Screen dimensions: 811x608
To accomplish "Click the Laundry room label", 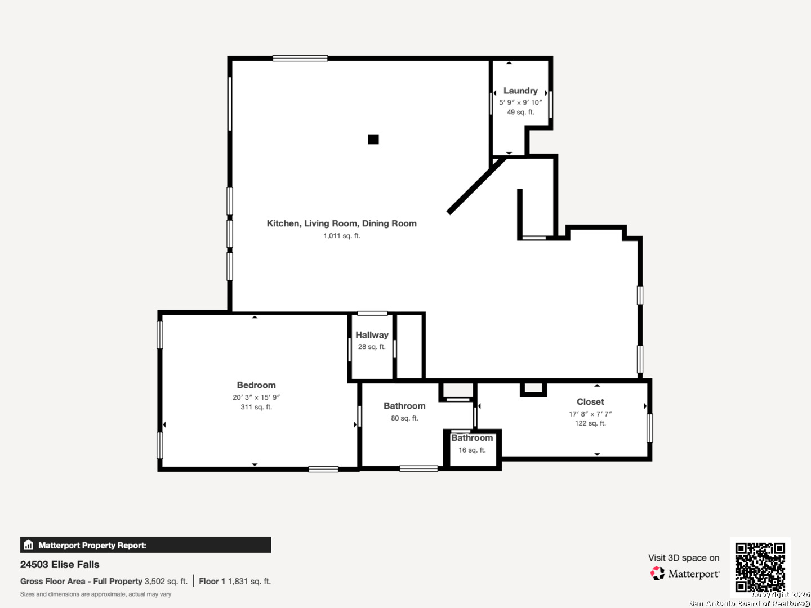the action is pyautogui.click(x=520, y=91).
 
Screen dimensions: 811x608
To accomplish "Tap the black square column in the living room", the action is pyautogui.click(x=373, y=139).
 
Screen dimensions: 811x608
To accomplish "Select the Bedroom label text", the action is pyautogui.click(x=256, y=385).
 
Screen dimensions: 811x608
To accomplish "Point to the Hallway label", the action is pyautogui.click(x=372, y=335).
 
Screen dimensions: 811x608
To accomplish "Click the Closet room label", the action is pyautogui.click(x=590, y=401).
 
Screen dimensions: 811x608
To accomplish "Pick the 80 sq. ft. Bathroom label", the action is pyautogui.click(x=404, y=406).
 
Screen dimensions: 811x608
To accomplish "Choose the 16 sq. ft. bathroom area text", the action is pyautogui.click(x=472, y=450).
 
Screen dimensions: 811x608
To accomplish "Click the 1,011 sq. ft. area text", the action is pyautogui.click(x=341, y=235).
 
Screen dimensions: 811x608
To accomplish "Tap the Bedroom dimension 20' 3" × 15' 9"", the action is pyautogui.click(x=256, y=397).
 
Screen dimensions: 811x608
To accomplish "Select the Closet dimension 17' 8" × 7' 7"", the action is pyautogui.click(x=590, y=414).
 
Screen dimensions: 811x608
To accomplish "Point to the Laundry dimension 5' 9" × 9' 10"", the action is pyautogui.click(x=520, y=102).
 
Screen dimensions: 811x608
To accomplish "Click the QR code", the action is pyautogui.click(x=760, y=567).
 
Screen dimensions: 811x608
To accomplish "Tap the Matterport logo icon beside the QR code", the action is pyautogui.click(x=657, y=573).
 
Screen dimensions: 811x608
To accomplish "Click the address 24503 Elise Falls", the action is pyautogui.click(x=60, y=565).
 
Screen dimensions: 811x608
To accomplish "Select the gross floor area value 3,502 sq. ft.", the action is pyautogui.click(x=166, y=582).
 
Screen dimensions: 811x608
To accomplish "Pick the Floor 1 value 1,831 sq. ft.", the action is pyautogui.click(x=249, y=582).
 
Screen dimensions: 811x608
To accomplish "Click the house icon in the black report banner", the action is pyautogui.click(x=29, y=545).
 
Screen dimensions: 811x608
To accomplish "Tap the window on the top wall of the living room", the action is pyautogui.click(x=300, y=58).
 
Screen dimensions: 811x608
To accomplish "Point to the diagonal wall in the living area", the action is pyautogui.click(x=476, y=185).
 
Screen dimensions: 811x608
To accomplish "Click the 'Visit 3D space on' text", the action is pyautogui.click(x=684, y=558).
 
